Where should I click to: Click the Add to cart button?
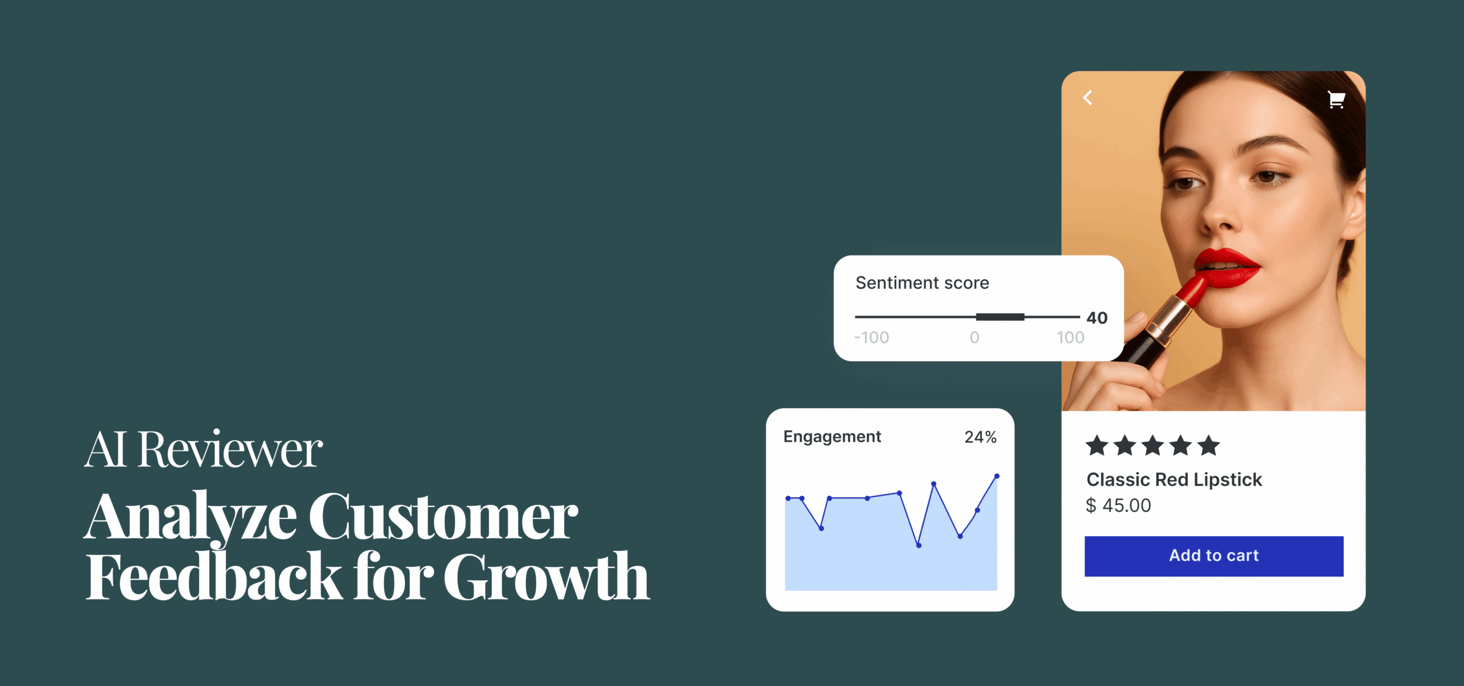pos(1214,556)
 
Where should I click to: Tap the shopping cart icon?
pos(1336,99)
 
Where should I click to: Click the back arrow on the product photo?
pos(1088,98)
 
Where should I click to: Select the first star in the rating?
pos(1097,445)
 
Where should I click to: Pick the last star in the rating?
pos(1208,445)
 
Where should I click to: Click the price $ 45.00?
pos(1118,505)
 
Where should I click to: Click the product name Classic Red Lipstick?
pos(1173,479)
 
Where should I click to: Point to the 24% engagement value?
pos(980,437)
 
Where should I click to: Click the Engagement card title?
pos(832,436)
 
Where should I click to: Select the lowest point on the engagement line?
pos(918,545)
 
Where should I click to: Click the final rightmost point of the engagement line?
pos(997,476)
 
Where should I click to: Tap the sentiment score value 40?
pos(1097,318)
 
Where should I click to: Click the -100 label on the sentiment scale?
pos(872,337)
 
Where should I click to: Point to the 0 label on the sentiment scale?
pos(974,337)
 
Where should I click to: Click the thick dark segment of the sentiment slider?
pos(1000,317)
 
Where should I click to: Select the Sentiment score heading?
pos(922,282)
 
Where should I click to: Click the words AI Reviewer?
pos(204,450)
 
